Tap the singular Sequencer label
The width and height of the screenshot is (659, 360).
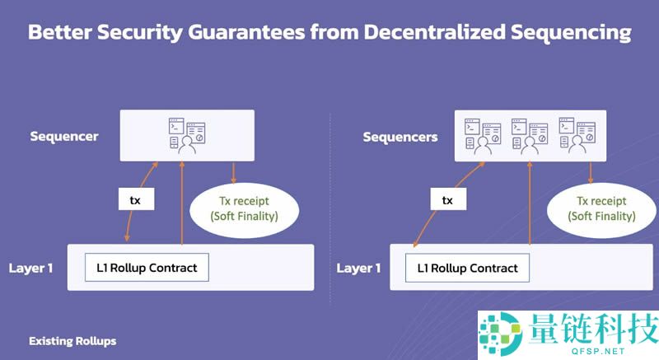[x=64, y=136]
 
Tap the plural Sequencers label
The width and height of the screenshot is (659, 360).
[x=400, y=137]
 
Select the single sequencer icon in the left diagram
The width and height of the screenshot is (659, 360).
[x=188, y=136]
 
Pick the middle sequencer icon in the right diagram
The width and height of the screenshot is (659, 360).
[x=530, y=135]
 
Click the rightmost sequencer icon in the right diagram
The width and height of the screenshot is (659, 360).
[x=577, y=135]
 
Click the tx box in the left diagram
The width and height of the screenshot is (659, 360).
[x=135, y=200]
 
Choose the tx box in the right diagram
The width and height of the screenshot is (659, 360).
[x=447, y=200]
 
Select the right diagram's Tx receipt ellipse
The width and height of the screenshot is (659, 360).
[x=605, y=208]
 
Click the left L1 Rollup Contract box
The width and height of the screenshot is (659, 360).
[x=147, y=267]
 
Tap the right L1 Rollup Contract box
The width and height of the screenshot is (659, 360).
[x=467, y=268]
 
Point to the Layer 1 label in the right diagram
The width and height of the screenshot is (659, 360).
[x=359, y=268]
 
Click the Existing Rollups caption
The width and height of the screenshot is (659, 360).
[x=72, y=340]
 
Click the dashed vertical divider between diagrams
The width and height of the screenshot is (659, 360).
[x=329, y=206]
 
